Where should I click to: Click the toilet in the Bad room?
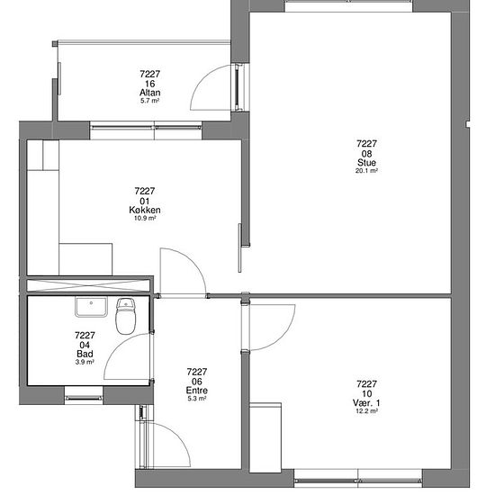click(126, 316)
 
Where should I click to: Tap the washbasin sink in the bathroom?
click(91, 307)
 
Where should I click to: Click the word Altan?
click(150, 93)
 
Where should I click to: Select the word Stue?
click(366, 163)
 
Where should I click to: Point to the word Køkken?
click(145, 210)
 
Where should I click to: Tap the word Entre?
click(197, 391)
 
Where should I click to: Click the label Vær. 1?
click(366, 403)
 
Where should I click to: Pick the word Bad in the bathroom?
click(85, 354)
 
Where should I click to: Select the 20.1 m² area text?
click(366, 171)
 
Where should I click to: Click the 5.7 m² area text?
click(150, 101)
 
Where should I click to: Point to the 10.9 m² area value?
click(145, 218)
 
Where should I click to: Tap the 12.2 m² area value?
click(366, 411)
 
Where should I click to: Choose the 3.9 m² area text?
click(85, 362)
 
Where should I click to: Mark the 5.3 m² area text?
click(197, 399)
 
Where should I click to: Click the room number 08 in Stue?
click(366, 154)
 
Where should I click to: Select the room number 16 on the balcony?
click(150, 84)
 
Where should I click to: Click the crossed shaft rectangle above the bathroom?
click(88, 285)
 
